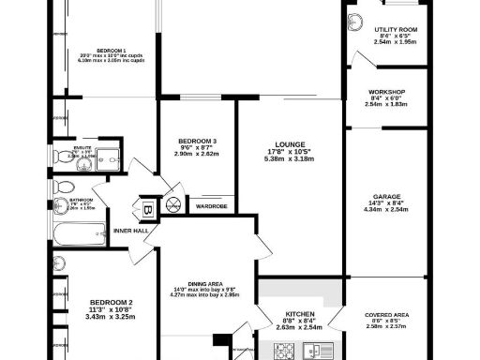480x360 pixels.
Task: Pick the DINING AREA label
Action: click(x=206, y=284)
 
